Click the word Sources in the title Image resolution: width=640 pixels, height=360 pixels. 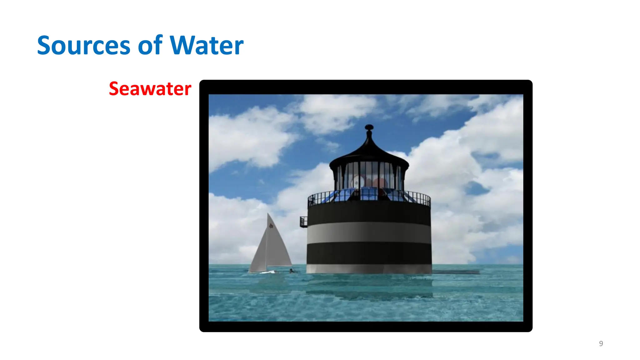[83, 46]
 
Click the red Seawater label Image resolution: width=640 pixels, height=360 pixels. [150, 89]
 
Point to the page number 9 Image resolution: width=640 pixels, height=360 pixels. [601, 344]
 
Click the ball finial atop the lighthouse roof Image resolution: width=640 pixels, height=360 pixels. [369, 127]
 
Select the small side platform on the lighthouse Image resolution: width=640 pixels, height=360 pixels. [303, 222]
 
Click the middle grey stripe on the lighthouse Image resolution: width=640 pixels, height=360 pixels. [369, 232]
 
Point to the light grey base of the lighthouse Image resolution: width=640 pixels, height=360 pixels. [369, 268]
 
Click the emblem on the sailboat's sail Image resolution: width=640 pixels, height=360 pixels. [271, 225]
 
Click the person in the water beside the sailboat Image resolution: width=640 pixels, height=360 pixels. [292, 271]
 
